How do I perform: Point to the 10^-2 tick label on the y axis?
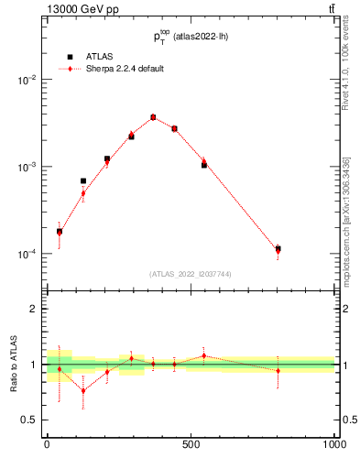pos(27,81)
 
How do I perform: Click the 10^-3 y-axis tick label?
pos(27,168)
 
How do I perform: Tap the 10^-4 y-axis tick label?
pos(27,255)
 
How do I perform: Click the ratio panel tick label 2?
pos(33,310)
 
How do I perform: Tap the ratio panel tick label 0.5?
pos(29,420)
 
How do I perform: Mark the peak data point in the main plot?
pos(153,117)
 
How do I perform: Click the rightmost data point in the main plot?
pos(278,249)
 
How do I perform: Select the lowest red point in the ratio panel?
pos(83,391)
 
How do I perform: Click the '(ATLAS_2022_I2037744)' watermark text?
pos(190,274)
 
